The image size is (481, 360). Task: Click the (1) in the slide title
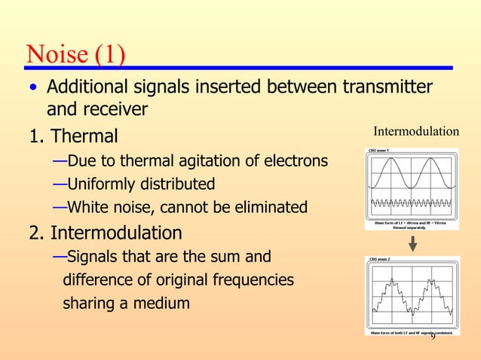[110, 54]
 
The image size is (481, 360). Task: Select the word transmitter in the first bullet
[388, 88]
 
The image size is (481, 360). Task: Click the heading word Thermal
[84, 136]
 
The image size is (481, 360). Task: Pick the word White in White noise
[86, 206]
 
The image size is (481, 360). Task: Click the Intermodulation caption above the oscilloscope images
[416, 132]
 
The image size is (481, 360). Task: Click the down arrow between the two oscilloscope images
[412, 243]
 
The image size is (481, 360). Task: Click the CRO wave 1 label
[379, 151]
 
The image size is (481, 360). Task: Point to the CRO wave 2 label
[379, 259]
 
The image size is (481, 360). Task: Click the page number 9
[433, 335]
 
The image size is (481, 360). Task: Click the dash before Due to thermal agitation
[60, 161]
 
